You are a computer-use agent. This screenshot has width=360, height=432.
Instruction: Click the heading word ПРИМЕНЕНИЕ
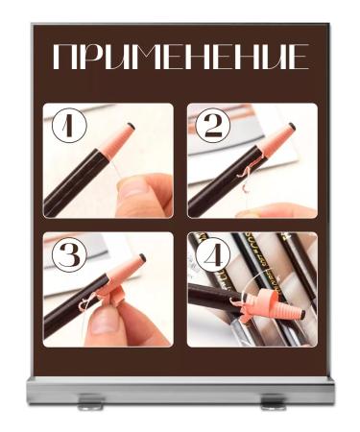click(x=180, y=58)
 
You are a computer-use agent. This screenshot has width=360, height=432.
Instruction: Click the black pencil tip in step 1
click(x=132, y=125)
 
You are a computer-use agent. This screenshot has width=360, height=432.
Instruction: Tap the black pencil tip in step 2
click(x=292, y=125)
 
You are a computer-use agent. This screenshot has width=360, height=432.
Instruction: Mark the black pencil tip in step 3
click(x=141, y=257)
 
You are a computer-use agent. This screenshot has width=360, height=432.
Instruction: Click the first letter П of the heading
click(x=64, y=58)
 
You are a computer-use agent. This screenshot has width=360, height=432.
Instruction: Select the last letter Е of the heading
click(x=299, y=58)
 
